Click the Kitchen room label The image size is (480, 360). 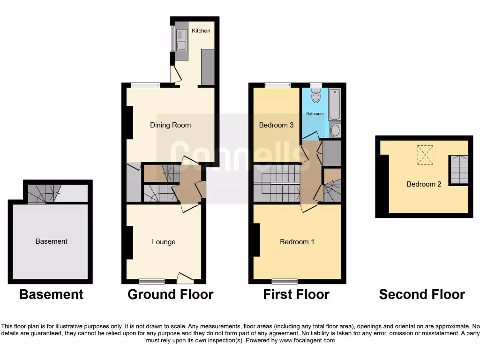pos(201,31)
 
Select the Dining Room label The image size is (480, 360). pos(170,125)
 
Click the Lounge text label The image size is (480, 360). pos(164,242)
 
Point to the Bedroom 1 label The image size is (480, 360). pos(297,242)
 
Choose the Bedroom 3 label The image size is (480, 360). pos(277,125)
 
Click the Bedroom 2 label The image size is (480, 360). pos(424,184)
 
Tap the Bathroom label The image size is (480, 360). pos(315,114)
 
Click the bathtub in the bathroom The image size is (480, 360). pos(335,105)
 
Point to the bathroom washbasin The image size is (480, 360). pos(335,130)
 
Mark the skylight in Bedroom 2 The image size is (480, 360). pos(426,155)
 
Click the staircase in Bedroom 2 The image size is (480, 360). pos(459,170)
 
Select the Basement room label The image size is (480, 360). pos(51,241)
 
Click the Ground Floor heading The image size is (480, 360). pos(170,294)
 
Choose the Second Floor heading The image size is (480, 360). pos(422,294)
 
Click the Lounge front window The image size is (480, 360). pos(151,281)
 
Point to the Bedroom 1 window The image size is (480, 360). pos(285,281)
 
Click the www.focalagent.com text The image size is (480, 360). pos(307,340)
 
